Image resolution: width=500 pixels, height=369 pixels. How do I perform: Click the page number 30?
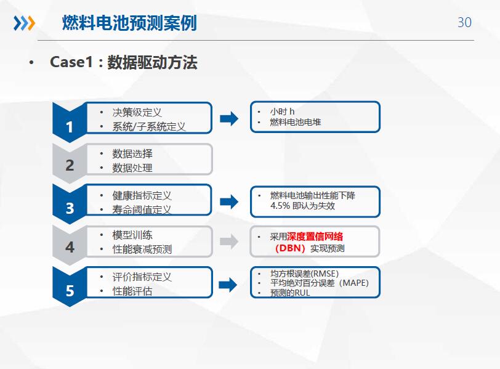(x=464, y=22)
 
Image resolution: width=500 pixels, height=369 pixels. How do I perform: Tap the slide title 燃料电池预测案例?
(x=129, y=23)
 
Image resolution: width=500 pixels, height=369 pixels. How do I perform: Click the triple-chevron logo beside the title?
(x=24, y=23)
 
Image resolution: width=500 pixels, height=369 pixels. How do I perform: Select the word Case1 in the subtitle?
(x=71, y=62)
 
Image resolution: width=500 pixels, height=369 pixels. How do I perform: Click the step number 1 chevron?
(x=70, y=123)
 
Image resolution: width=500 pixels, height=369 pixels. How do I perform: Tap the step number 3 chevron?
(x=70, y=204)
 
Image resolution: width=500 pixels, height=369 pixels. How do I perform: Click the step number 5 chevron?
(x=70, y=286)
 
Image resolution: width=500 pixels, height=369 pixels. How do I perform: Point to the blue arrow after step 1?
(x=229, y=119)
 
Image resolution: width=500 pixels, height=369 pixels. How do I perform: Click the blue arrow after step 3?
(x=229, y=201)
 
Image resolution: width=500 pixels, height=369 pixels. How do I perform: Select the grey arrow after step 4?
(x=229, y=241)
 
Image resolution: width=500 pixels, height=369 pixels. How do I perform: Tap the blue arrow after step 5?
(x=228, y=285)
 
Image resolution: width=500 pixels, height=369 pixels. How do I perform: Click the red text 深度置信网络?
(x=315, y=237)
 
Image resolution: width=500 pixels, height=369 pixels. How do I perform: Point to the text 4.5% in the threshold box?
(x=280, y=206)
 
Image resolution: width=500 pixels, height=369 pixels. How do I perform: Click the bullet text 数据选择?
(x=132, y=154)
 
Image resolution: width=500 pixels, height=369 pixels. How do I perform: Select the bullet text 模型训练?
(x=132, y=235)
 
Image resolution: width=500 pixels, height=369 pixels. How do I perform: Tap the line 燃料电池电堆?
(x=296, y=122)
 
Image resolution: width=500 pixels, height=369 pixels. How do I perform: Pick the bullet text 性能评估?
(x=132, y=291)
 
